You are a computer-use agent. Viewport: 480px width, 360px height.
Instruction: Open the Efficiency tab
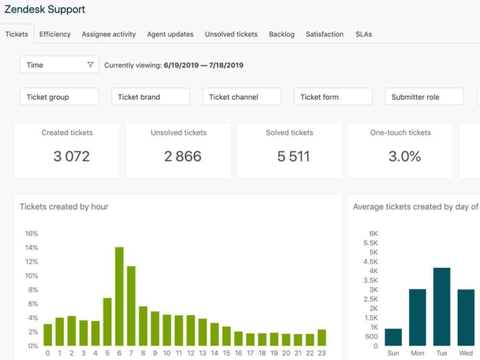[55, 34]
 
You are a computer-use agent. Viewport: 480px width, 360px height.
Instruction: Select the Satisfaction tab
[324, 34]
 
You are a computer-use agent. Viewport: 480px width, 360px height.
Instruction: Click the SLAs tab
[364, 34]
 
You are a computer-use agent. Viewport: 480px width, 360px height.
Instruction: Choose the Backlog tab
[282, 34]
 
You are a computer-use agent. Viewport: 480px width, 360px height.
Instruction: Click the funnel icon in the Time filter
[90, 65]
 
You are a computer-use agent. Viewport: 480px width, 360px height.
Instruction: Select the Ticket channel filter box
[242, 97]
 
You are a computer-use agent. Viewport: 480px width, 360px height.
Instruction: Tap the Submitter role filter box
[424, 97]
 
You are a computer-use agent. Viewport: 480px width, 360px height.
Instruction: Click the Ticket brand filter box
[151, 97]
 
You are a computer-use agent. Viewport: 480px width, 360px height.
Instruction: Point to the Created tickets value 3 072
[72, 156]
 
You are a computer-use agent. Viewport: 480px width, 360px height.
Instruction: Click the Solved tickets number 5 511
[294, 156]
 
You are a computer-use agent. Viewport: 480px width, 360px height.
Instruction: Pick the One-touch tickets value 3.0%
[405, 156]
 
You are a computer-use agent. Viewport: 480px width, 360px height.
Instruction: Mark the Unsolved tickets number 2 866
[183, 156]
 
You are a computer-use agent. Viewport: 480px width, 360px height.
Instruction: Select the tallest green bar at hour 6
[120, 296]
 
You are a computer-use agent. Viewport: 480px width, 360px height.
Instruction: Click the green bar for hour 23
[322, 337]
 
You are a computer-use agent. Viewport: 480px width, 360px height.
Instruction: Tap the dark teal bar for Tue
[442, 307]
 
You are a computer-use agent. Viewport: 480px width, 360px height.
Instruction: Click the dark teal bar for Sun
[394, 337]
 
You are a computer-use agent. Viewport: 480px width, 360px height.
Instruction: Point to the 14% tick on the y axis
[32, 248]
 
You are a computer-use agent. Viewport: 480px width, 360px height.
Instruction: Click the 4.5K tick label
[371, 262]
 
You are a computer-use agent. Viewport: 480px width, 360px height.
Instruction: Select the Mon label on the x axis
[418, 353]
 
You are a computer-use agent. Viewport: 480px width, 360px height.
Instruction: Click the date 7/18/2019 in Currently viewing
[226, 65]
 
